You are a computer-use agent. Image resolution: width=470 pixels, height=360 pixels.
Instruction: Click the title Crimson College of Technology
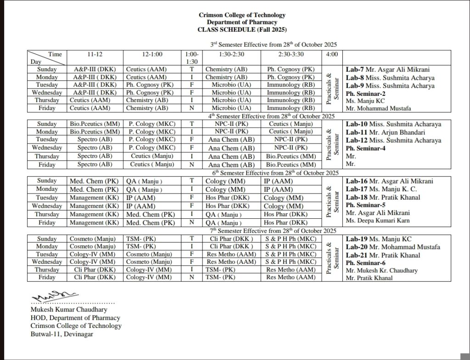tap(242, 15)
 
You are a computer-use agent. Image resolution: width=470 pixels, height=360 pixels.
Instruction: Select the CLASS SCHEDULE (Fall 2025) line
tap(242, 29)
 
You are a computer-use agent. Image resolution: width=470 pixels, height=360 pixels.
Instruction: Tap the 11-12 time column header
tap(95, 54)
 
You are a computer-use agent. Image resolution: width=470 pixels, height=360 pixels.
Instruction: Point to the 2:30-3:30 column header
tap(291, 54)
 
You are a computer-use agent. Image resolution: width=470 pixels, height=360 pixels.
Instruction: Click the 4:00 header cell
tap(331, 54)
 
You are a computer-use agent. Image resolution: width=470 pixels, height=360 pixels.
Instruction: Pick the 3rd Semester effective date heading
tap(274, 44)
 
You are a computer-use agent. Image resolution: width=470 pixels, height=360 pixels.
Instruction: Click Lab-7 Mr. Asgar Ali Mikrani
tap(387, 70)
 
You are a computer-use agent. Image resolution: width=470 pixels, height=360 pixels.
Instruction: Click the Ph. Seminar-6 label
tap(365, 263)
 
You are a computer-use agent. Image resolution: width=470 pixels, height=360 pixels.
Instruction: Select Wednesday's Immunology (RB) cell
tap(291, 93)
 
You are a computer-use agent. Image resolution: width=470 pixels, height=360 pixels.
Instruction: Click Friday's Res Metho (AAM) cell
tap(291, 277)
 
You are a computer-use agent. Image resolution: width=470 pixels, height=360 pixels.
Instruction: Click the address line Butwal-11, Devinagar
tap(62, 334)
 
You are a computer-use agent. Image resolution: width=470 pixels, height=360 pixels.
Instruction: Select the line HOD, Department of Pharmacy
tap(75, 318)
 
